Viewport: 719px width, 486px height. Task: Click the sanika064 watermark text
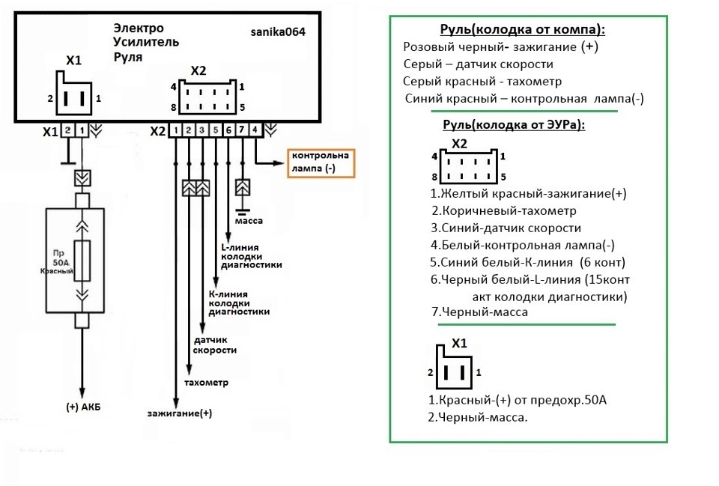278,33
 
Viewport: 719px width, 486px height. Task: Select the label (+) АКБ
83,407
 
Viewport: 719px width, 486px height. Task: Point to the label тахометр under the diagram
206,383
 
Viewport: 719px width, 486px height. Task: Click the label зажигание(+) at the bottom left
180,413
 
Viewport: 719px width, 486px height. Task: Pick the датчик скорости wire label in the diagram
215,345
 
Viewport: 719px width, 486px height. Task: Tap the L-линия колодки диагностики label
252,255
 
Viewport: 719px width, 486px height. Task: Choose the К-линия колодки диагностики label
239,303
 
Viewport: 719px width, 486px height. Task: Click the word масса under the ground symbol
248,221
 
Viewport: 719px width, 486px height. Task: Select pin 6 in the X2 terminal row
228,130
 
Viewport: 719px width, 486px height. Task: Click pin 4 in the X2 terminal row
255,130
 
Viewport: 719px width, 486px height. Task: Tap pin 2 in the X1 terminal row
67,130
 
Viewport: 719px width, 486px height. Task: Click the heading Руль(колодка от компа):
522,30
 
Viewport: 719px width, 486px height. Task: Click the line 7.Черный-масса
479,312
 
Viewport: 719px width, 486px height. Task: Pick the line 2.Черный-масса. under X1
477,417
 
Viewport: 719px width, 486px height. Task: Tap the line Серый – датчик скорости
478,64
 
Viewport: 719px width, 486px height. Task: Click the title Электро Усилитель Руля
146,42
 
